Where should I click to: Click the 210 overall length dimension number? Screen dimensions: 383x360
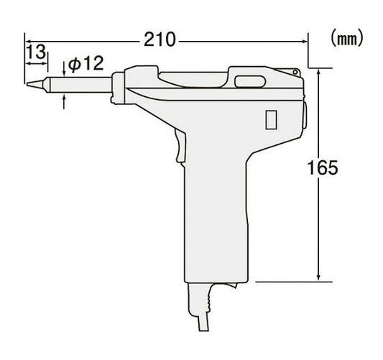(x=160, y=40)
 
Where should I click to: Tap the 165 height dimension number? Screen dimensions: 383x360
(x=323, y=167)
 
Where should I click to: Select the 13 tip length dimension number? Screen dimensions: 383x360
(x=36, y=51)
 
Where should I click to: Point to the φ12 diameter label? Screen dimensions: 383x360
(x=86, y=63)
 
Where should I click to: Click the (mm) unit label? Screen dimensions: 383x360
(x=347, y=39)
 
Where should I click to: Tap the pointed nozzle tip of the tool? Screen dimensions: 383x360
(x=27, y=83)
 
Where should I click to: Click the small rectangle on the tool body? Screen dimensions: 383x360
(x=271, y=119)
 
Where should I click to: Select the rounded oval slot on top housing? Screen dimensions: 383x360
(x=250, y=81)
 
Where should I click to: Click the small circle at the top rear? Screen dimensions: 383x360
(x=295, y=72)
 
